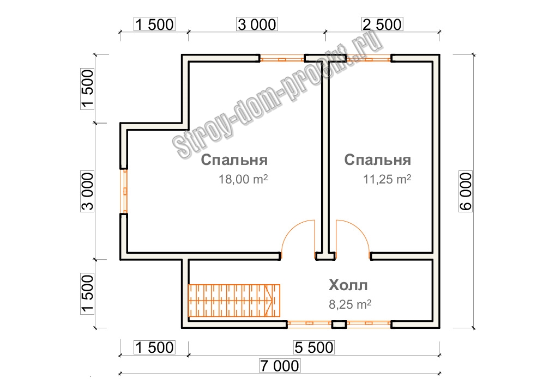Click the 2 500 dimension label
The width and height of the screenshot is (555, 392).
(x=382, y=24)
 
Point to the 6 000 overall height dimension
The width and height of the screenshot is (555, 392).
(x=466, y=191)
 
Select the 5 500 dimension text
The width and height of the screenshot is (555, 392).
(x=314, y=347)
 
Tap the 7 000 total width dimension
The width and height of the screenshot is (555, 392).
(x=280, y=366)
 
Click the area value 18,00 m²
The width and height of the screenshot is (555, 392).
(x=243, y=179)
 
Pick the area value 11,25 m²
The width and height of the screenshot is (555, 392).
(x=387, y=179)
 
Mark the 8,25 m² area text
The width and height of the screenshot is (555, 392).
(x=350, y=304)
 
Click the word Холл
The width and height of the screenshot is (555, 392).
(x=348, y=285)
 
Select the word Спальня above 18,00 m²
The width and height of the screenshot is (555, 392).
(x=234, y=160)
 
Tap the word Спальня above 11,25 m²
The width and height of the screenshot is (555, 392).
(x=378, y=160)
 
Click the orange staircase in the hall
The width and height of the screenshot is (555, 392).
(x=234, y=301)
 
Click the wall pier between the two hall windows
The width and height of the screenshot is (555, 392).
(x=339, y=324)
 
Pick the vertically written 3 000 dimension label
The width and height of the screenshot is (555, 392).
(x=87, y=191)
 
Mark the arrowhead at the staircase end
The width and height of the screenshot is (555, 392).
(x=270, y=301)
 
